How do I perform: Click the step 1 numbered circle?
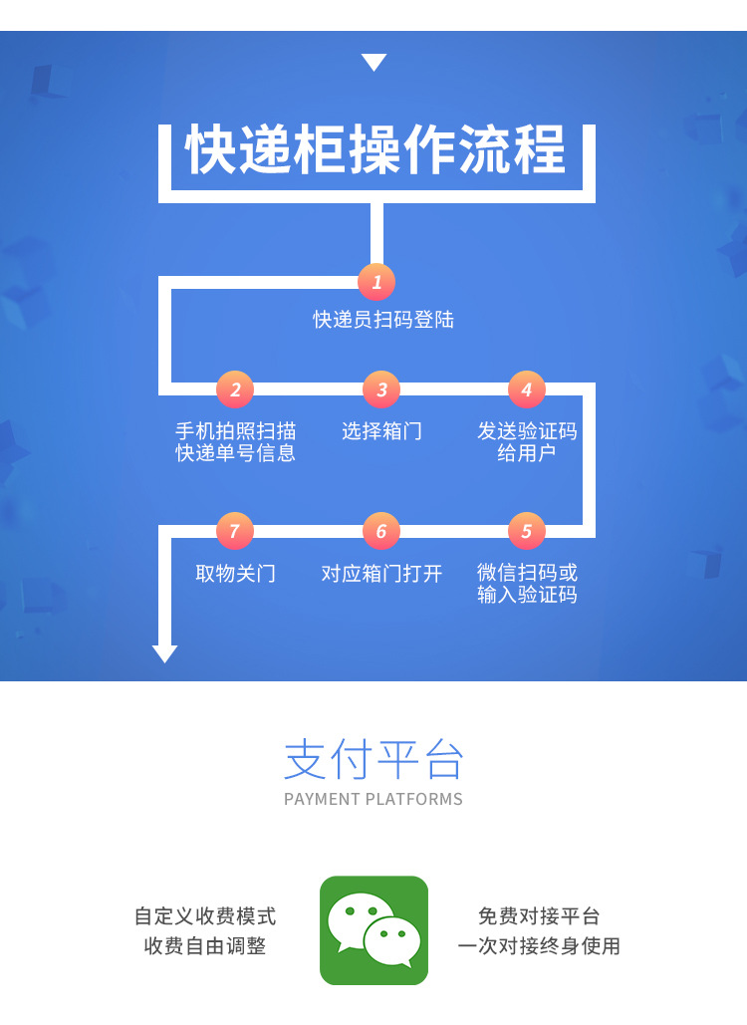[376, 282]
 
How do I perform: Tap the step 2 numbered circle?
[235, 389]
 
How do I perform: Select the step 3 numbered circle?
[381, 389]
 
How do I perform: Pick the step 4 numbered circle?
[527, 389]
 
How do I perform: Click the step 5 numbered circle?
[527, 531]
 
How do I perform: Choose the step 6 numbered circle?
[381, 531]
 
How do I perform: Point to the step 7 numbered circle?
[235, 531]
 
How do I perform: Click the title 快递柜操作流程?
[376, 151]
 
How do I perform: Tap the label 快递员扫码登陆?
[383, 320]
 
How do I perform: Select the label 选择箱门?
[381, 431]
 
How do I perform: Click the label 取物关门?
[235, 574]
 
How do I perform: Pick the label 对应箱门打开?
[381, 574]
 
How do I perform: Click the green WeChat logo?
[373, 930]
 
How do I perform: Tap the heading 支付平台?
[373, 759]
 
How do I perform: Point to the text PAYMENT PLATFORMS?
[373, 799]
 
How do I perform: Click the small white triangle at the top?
[373, 63]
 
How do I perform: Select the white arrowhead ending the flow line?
[165, 653]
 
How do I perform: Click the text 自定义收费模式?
[205, 916]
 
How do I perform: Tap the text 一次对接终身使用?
[539, 946]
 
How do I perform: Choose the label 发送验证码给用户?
[527, 442]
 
